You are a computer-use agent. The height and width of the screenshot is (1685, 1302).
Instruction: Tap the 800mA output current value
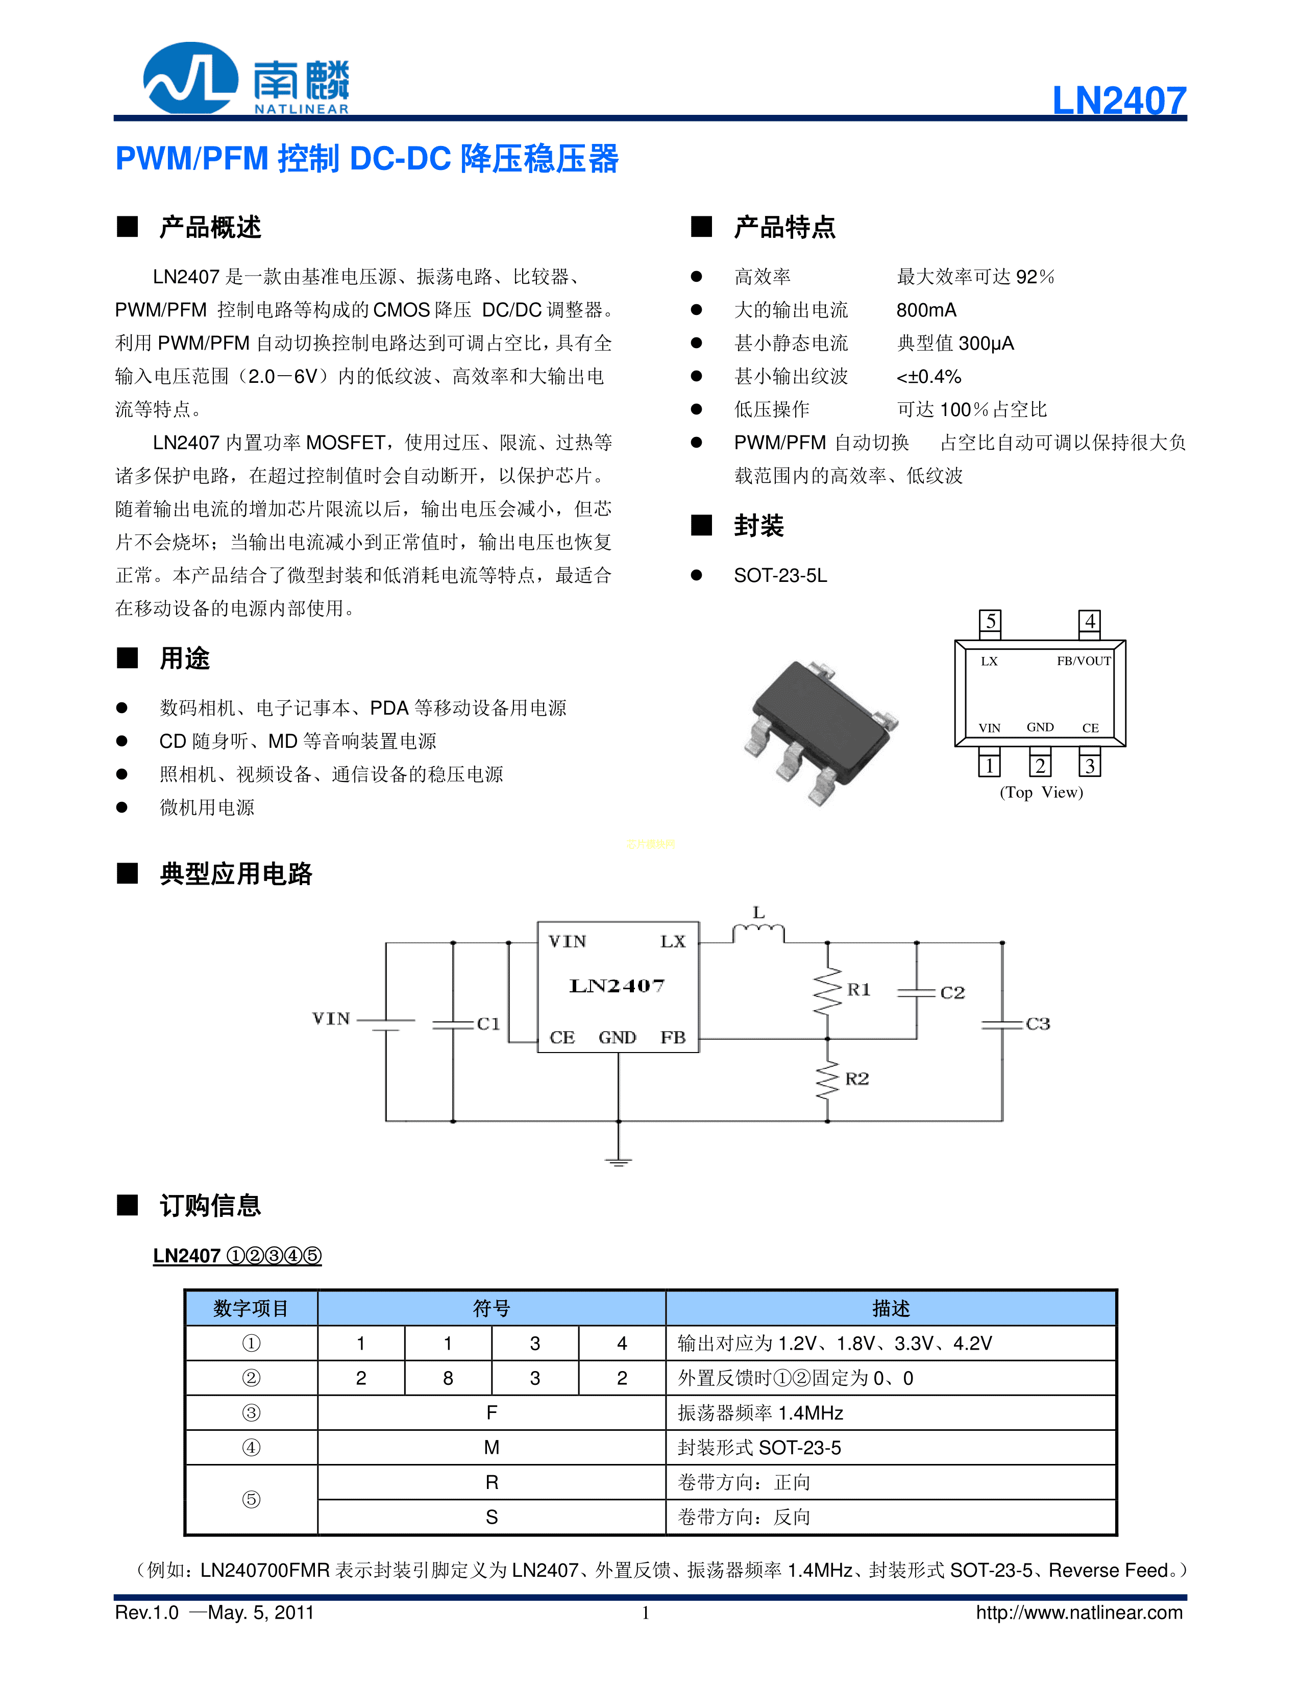[926, 310]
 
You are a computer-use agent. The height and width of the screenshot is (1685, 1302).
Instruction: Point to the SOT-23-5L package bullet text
[780, 576]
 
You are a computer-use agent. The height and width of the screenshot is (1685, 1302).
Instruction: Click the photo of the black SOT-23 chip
[821, 729]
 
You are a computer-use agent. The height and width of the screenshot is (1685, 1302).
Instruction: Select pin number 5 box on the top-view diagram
[990, 621]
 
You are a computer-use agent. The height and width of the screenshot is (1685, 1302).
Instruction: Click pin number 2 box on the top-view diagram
[1040, 765]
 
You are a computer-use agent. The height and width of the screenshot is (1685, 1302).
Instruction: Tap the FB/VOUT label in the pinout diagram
[1083, 661]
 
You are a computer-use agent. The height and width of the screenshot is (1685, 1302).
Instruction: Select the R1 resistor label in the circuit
[858, 990]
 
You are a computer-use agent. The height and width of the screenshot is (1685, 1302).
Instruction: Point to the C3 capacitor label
[1038, 1024]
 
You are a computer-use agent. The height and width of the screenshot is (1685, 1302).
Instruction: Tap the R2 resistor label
[857, 1079]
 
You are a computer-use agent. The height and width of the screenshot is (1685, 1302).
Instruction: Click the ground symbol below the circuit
[618, 1161]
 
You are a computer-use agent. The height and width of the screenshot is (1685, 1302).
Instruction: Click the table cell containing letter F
[492, 1412]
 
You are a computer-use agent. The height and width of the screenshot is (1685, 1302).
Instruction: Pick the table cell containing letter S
[492, 1517]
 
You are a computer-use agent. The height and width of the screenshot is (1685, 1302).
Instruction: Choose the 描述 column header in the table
[891, 1308]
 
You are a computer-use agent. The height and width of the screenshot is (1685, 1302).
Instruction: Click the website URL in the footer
[1078, 1613]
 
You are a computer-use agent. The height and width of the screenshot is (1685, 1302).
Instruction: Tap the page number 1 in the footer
[646, 1613]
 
